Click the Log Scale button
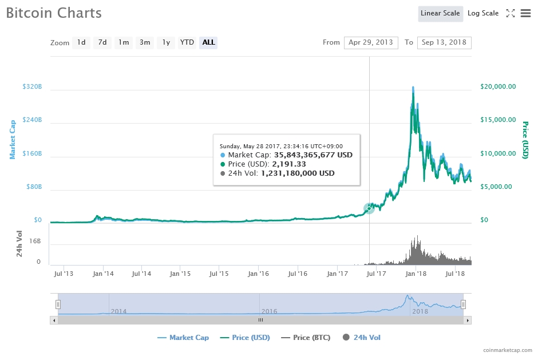482,13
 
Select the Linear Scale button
440,13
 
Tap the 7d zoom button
102,42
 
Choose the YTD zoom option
187,42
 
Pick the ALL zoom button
208,42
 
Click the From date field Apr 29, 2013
371,42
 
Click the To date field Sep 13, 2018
444,42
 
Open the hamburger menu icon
525,13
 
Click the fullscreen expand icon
511,13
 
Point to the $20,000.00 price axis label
497,86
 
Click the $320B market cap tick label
32,86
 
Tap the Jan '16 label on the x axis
258,274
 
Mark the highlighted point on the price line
369,208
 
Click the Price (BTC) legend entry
306,338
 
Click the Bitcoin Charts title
54,13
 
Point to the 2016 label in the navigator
269,311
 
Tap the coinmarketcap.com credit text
507,350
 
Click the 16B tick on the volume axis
35,242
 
